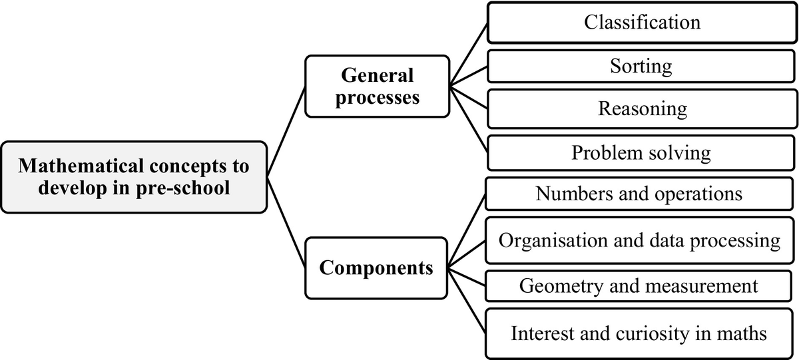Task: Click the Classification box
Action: (642, 23)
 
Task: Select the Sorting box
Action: (641, 67)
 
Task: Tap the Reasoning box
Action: (642, 108)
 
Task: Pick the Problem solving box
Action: (641, 152)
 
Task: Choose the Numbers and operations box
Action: (639, 194)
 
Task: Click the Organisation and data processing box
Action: (639, 240)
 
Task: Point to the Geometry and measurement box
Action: (639, 286)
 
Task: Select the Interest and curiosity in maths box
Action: (639, 333)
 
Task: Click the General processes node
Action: (377, 87)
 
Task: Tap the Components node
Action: (376, 268)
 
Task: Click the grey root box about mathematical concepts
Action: (134, 177)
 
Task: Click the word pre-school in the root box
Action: (183, 188)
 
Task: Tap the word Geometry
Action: (561, 287)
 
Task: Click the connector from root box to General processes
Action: (286, 132)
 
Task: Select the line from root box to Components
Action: (286, 222)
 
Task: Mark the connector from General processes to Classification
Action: (468, 55)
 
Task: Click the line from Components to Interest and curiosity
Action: (467, 301)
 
